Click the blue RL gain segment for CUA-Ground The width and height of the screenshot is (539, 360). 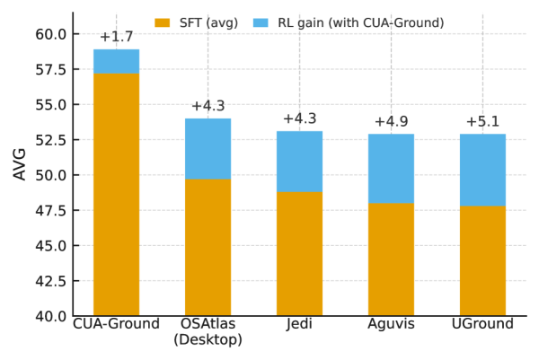click(116, 61)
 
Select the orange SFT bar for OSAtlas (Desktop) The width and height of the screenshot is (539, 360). click(208, 247)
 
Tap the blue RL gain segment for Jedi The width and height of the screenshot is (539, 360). click(299, 162)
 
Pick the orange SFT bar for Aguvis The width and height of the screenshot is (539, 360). click(391, 259)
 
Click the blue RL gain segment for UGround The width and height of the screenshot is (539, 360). click(482, 171)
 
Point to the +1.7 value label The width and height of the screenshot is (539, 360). click(116, 37)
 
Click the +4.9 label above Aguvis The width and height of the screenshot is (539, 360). click(391, 121)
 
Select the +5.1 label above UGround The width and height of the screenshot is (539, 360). click(482, 121)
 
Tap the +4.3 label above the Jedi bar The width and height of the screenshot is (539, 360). click(299, 119)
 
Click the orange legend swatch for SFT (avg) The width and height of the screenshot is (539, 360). click(163, 22)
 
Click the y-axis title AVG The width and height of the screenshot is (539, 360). click(20, 164)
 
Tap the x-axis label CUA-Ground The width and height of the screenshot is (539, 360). click(116, 324)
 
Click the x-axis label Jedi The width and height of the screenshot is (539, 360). click(299, 324)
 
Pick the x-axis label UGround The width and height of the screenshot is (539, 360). click(482, 324)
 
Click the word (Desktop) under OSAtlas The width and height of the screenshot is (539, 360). click(208, 340)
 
